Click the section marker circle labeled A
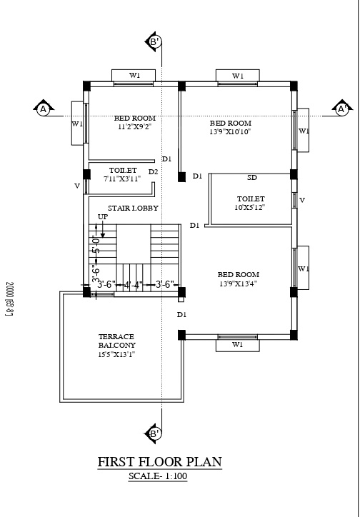tap(44, 109)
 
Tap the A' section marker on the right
tap(342, 109)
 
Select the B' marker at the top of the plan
tap(154, 42)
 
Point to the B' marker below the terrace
tap(154, 433)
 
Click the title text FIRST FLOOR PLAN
tap(159, 462)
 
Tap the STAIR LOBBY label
tap(134, 208)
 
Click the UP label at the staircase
tap(103, 216)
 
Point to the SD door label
tap(252, 177)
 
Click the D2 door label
tap(153, 172)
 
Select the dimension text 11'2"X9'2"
tap(135, 126)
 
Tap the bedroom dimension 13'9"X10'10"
tap(230, 131)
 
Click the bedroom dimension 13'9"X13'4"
tap(238, 283)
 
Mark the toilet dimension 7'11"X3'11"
tap(123, 179)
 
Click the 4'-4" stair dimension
tap(133, 284)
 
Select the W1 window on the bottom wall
tap(237, 344)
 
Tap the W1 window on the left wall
tap(77, 124)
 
